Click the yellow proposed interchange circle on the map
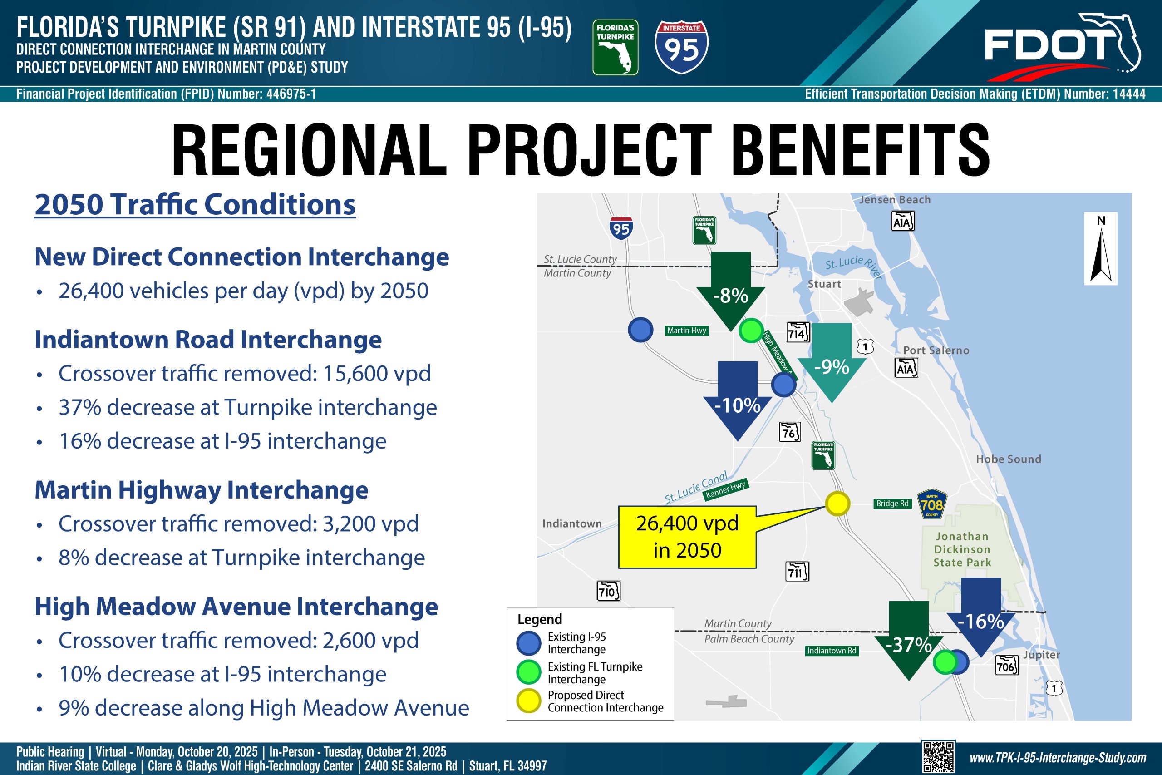837,504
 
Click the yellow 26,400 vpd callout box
687,537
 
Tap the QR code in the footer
938,757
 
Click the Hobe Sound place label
1008,459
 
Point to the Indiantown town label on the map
571,523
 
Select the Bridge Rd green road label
892,504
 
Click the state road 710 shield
609,591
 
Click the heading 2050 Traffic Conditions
195,205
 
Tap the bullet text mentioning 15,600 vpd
245,374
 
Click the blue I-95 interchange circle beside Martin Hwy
640,330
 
